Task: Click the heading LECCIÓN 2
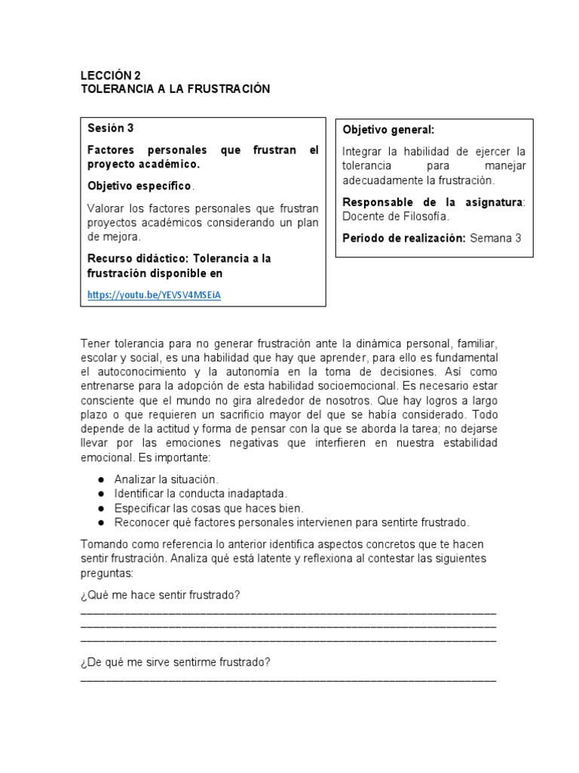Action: [110, 75]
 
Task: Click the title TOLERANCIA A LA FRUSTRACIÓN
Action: [175, 89]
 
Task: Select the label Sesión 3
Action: [110, 128]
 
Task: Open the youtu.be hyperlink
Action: [155, 295]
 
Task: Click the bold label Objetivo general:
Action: [388, 130]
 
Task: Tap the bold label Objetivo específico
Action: [139, 186]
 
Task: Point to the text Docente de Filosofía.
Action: [396, 217]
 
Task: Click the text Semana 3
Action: [496, 238]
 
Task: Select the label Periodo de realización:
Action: [404, 238]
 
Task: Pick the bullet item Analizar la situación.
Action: [166, 479]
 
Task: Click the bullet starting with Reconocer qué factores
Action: [291, 522]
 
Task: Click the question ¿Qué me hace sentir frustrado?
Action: [160, 596]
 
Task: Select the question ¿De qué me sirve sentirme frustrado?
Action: [175, 663]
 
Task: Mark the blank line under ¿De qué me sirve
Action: [288, 679]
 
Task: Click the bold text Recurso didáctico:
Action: [137, 258]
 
